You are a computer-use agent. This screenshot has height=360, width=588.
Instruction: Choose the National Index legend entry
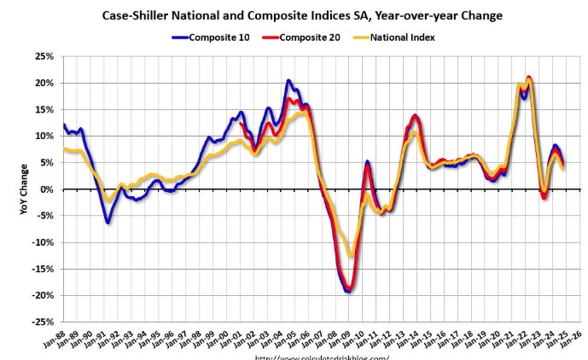click(401, 37)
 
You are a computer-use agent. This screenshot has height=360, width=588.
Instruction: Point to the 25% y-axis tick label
click(44, 56)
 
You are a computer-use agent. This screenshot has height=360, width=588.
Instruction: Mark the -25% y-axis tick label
click(43, 322)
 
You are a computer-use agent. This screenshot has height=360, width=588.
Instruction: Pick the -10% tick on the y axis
click(43, 242)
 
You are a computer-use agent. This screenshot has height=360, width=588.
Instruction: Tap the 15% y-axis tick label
click(44, 110)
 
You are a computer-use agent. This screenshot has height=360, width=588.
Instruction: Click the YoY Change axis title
click(25, 189)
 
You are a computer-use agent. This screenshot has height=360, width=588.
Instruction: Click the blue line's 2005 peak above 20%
click(288, 80)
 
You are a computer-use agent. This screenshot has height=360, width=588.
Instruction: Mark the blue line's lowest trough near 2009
click(348, 292)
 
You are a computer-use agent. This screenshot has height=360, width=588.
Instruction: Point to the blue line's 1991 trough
click(108, 223)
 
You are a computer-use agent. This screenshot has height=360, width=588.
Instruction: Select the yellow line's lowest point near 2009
click(351, 257)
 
